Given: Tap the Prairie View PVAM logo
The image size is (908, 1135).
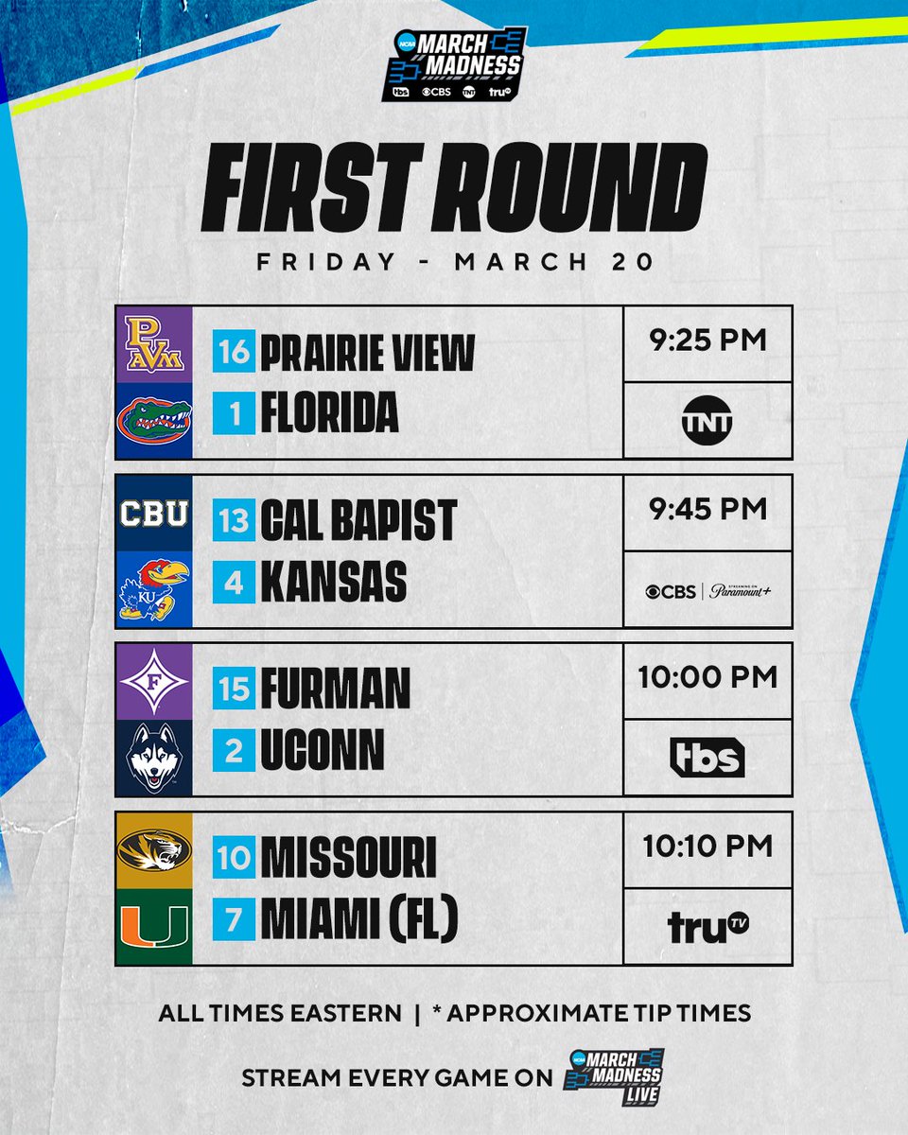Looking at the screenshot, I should [x=153, y=345].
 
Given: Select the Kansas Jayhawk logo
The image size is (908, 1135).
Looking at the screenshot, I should [x=153, y=588].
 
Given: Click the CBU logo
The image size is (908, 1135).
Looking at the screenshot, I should [x=153, y=514].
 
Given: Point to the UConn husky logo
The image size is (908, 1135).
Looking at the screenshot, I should [x=153, y=758].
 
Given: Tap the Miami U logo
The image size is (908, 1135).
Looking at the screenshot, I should [x=153, y=926].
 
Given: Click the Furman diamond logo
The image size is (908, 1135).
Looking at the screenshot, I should [x=153, y=682].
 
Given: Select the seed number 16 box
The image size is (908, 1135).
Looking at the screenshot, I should [x=234, y=353].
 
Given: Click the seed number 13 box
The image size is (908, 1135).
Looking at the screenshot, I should [x=234, y=521].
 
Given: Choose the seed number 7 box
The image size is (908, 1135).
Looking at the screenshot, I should [x=234, y=918].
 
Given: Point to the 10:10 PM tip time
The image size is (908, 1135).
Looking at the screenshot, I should [x=707, y=846].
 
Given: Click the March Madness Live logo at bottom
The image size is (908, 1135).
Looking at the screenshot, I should [x=611, y=1075].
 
